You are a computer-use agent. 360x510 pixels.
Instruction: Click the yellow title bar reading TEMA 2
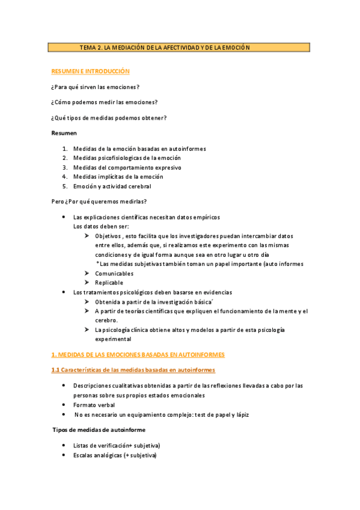178,47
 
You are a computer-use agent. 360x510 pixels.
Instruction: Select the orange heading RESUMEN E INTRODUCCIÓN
90,71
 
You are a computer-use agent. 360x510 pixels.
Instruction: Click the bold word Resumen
64,132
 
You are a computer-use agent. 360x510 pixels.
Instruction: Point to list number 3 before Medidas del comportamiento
64,167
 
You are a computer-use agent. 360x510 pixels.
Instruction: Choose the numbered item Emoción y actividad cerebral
112,186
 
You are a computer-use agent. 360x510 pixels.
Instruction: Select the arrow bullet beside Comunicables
88,274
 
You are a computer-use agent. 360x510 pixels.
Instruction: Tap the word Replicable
109,283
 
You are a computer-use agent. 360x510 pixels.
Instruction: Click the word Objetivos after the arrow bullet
108,236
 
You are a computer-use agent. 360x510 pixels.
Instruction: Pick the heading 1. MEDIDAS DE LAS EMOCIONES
138,355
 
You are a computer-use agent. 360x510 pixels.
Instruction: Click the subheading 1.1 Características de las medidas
133,370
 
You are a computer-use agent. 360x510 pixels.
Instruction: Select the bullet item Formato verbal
94,405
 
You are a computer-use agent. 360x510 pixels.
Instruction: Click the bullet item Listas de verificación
116,445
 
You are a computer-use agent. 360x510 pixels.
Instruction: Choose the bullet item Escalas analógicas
114,455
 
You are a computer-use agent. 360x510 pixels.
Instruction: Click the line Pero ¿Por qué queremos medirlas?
99,201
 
